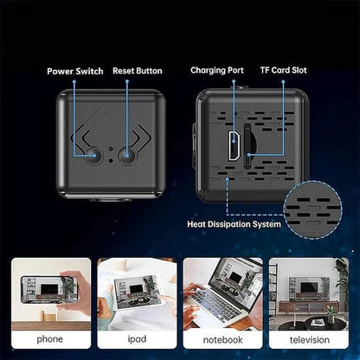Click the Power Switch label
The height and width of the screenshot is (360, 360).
tap(75, 71)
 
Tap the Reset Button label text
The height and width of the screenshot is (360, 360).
tap(138, 71)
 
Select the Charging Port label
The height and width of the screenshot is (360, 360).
tap(217, 70)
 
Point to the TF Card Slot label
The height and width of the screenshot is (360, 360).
tap(283, 70)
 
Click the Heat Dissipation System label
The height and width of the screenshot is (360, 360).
tap(234, 224)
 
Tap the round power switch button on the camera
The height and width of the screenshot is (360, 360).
tap(93, 156)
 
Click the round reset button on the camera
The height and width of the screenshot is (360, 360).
tap(127, 156)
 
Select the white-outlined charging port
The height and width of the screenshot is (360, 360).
tap(234, 145)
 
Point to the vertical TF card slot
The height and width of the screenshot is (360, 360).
tap(247, 146)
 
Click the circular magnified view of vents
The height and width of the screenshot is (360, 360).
tap(313, 209)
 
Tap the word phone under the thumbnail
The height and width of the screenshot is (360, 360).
tap(49, 339)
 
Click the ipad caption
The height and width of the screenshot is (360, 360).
tap(137, 339)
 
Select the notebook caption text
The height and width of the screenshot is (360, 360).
tap(222, 340)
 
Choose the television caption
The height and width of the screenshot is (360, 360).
tap(310, 340)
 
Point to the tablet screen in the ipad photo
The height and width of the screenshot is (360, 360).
tap(138, 292)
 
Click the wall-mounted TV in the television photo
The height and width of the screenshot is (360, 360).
tap(309, 287)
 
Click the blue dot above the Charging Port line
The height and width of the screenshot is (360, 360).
tap(234, 81)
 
